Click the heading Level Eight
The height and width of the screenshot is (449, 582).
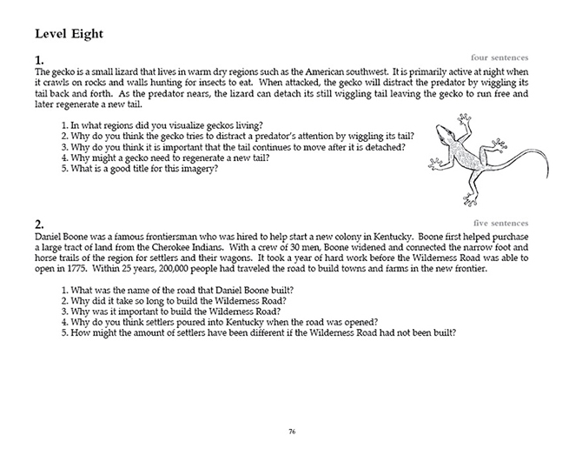pyautogui.click(x=69, y=34)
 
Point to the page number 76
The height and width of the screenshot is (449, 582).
pyautogui.click(x=291, y=430)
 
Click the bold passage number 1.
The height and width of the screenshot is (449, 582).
pyautogui.click(x=38, y=60)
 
